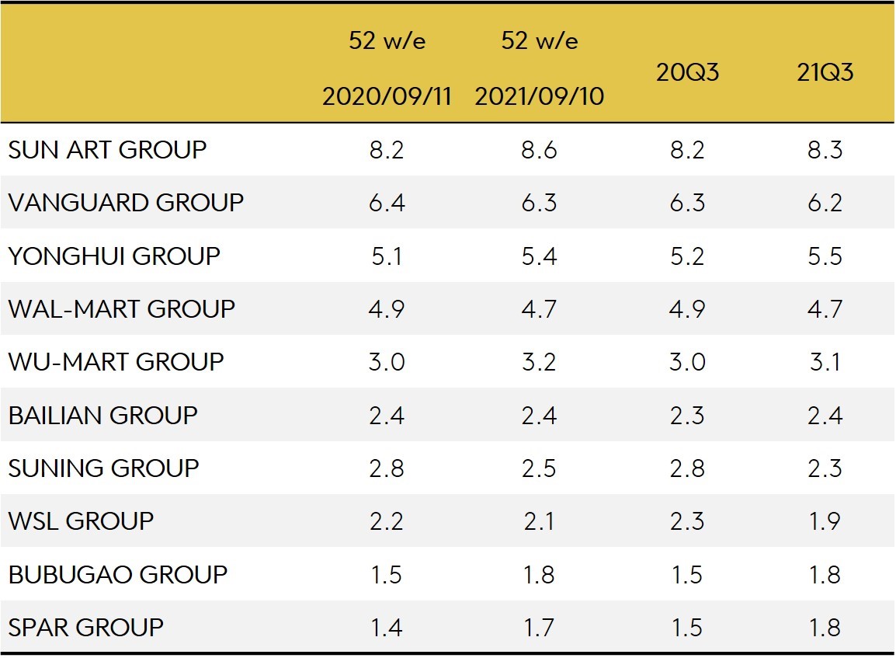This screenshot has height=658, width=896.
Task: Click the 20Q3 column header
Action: (687, 72)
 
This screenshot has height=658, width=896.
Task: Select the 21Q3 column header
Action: (825, 72)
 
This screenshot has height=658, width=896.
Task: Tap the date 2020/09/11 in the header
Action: (387, 97)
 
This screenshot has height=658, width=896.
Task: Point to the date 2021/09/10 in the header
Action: (539, 97)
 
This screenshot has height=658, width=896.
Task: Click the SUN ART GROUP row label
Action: (107, 149)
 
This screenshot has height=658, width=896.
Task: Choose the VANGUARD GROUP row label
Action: (126, 203)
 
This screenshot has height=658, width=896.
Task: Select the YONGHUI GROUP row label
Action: (114, 256)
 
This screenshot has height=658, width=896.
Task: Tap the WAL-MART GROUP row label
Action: (121, 308)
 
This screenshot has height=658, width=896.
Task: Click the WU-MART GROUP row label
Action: (116, 362)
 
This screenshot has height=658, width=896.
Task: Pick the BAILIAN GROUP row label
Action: (102, 415)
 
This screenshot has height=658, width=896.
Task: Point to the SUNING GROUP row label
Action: (103, 468)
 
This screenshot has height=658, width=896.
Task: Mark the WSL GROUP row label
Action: (81, 520)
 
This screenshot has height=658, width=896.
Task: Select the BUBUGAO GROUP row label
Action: (117, 574)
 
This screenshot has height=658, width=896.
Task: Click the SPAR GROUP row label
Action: (85, 627)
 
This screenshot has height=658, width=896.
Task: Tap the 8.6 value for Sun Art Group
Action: (539, 149)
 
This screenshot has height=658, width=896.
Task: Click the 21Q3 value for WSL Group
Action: (825, 520)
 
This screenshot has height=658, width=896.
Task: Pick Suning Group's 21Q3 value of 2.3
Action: (825, 468)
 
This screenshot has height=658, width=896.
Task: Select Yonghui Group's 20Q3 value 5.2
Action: (687, 256)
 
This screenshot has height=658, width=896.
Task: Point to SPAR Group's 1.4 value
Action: (387, 627)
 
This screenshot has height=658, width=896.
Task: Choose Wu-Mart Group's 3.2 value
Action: (539, 362)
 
